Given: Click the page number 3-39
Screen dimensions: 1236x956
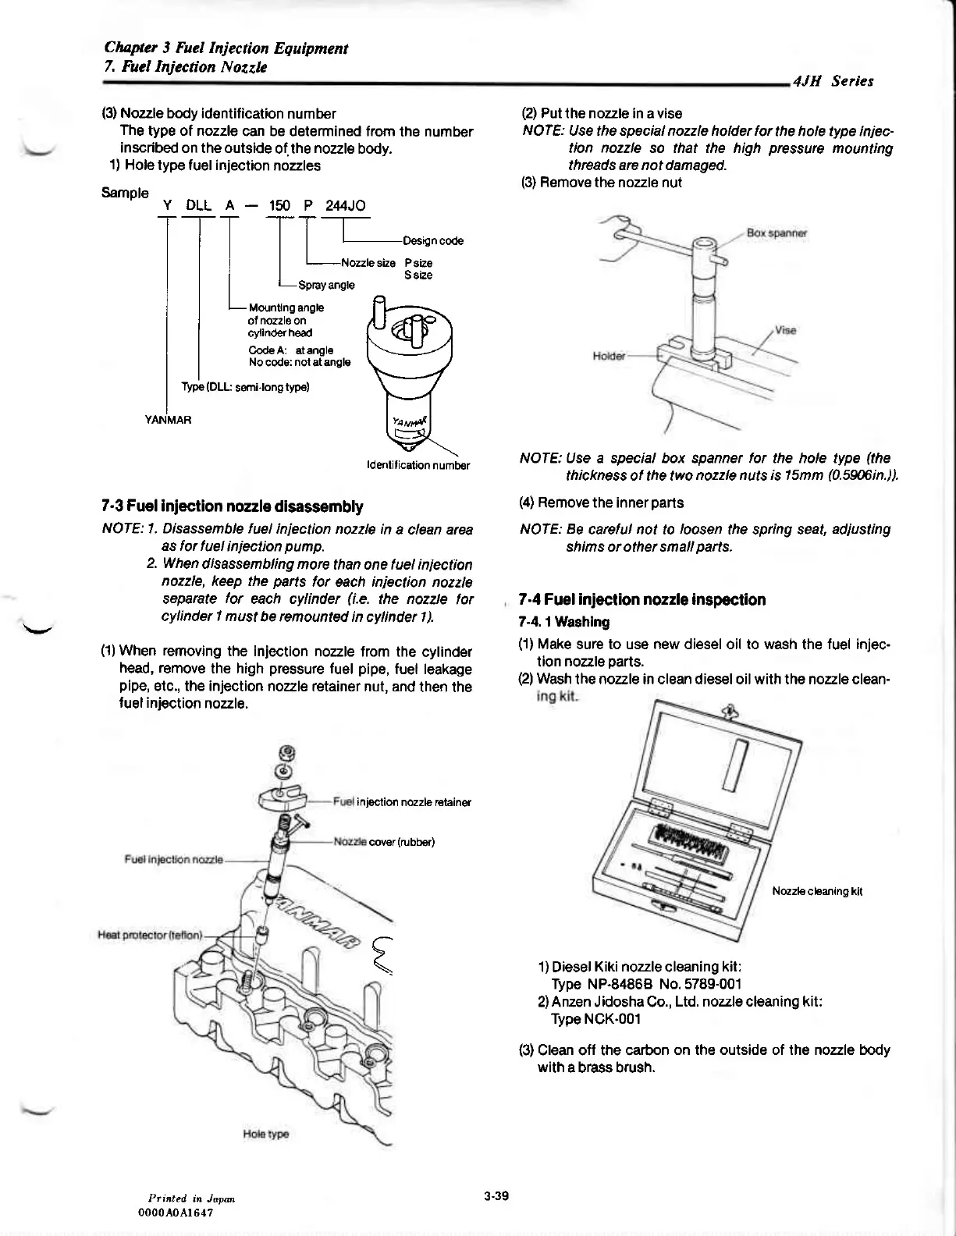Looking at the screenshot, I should point(496,1195).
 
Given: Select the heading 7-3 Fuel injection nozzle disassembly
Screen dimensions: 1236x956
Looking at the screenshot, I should point(233,506).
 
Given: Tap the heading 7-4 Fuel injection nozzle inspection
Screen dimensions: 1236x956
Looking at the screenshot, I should point(641,599).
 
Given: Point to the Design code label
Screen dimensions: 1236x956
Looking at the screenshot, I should point(433,241).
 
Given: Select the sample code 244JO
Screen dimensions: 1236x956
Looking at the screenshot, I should point(346,205).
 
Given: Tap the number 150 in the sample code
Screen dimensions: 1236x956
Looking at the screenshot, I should point(279,205).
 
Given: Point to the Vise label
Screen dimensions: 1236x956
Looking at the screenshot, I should point(786,330).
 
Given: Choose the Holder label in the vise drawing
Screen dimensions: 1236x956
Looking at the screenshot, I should point(609,356).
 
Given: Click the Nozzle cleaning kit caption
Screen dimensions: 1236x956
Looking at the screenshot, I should point(817,891).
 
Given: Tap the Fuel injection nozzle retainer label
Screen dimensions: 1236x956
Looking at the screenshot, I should point(402,802).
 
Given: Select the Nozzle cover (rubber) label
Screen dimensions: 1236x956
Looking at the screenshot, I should point(384,842).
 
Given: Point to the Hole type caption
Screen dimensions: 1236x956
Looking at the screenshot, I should point(266,1134).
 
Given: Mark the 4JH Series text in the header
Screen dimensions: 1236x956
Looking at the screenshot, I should point(833,81).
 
